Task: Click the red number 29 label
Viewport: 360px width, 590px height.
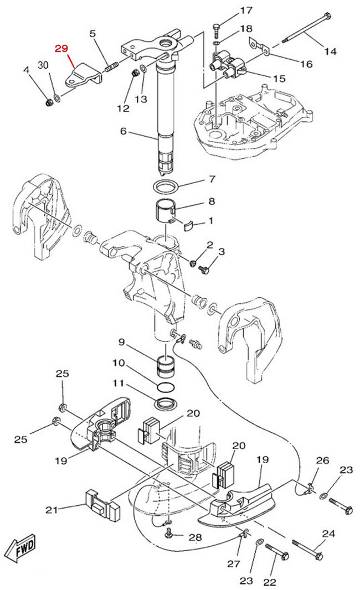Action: pos(61,49)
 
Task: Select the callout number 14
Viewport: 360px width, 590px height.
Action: pos(330,51)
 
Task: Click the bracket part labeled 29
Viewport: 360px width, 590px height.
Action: pos(83,76)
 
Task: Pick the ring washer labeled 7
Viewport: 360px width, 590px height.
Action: pos(166,186)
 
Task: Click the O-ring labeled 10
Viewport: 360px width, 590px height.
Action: pos(165,387)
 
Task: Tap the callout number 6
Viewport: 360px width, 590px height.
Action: pos(123,131)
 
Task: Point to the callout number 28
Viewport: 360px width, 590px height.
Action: pos(195,537)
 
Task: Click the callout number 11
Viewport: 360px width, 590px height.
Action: pos(118,383)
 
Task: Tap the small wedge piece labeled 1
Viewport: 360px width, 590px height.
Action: pos(188,225)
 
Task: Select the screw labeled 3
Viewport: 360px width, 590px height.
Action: pos(204,270)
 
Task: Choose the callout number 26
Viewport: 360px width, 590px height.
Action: pos(322,460)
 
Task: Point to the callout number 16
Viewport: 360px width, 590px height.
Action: pos(306,64)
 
